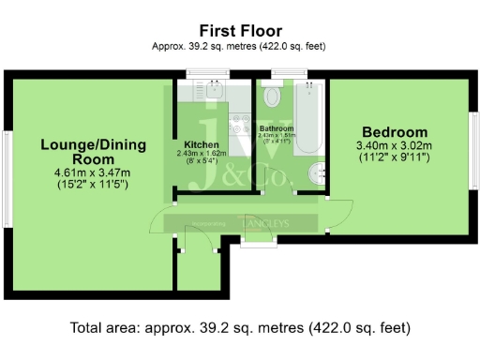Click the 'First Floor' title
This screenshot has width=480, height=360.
tap(239, 31)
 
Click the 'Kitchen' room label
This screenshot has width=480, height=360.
tap(201, 145)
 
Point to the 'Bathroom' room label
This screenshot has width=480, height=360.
tap(277, 128)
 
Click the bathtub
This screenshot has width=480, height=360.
tap(308, 117)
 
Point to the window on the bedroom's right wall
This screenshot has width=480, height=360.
tap(474, 142)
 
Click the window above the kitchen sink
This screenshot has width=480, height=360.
tap(202, 73)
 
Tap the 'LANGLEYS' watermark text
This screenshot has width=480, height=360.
tap(267, 223)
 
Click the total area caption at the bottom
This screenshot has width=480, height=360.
tap(239, 328)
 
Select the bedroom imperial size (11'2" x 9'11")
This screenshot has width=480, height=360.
tap(393, 157)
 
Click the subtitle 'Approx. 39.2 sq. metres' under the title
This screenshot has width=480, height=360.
tap(239, 46)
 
